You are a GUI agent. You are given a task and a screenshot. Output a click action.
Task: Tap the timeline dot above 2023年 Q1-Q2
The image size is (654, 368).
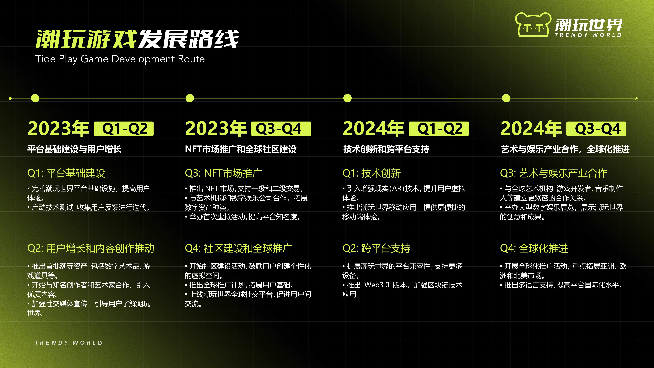point(35,98)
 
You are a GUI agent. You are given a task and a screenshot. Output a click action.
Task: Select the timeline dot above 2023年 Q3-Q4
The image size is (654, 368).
point(190,98)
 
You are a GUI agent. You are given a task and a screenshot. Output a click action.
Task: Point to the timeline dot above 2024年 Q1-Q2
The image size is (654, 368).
point(347,98)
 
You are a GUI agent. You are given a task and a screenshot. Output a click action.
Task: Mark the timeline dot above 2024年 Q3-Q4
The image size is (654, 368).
point(506,98)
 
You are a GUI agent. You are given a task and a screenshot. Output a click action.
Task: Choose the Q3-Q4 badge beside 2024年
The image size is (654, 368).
point(596,129)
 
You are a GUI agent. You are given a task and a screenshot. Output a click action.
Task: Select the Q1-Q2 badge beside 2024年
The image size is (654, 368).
point(439,129)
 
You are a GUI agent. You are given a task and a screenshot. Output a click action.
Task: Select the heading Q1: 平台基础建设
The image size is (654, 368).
point(66,173)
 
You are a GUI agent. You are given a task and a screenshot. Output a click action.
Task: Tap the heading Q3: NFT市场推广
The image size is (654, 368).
point(223,173)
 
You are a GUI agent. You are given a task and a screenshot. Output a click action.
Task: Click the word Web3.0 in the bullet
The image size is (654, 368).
point(377,285)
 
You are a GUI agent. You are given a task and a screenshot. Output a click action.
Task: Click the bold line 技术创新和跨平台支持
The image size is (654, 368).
point(386,149)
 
